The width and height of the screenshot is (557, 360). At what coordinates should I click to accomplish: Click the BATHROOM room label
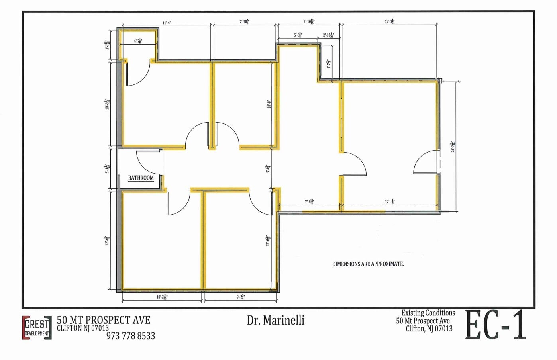pyautogui.click(x=141, y=178)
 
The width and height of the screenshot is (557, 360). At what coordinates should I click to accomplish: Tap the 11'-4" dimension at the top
pyautogui.click(x=167, y=23)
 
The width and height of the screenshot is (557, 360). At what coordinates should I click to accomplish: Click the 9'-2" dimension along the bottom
pyautogui.click(x=240, y=297)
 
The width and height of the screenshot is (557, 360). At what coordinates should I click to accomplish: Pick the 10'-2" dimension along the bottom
pyautogui.click(x=162, y=297)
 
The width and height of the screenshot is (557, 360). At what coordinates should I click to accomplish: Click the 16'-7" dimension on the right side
pyautogui.click(x=452, y=146)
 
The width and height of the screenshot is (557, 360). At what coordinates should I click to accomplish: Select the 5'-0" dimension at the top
pyautogui.click(x=298, y=35)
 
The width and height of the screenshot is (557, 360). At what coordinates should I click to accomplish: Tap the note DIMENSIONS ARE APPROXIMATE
pyautogui.click(x=368, y=264)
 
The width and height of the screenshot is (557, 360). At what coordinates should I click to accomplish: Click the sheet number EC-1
pyautogui.click(x=496, y=325)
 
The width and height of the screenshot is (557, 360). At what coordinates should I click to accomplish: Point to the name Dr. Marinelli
pyautogui.click(x=275, y=320)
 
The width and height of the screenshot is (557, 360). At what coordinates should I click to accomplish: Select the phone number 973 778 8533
pyautogui.click(x=131, y=336)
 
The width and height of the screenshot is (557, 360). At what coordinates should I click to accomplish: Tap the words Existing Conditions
pyautogui.click(x=428, y=313)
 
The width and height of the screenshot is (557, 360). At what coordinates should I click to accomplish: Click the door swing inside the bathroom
pyautogui.click(x=147, y=161)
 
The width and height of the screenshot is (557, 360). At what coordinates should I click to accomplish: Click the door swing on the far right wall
pyautogui.click(x=426, y=162)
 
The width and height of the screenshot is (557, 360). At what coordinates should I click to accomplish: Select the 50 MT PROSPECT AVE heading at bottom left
pyautogui.click(x=104, y=320)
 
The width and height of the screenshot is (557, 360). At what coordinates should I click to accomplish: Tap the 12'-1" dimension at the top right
pyautogui.click(x=389, y=22)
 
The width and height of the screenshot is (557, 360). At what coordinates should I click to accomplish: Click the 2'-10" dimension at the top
pyautogui.click(x=328, y=35)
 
